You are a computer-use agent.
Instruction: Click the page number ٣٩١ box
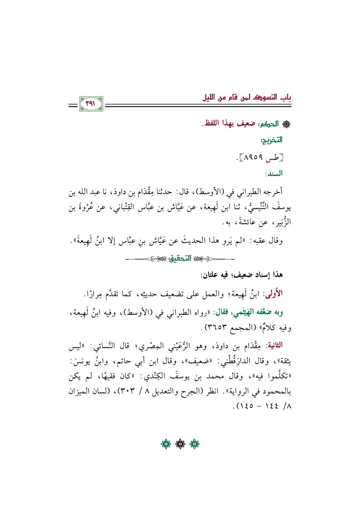click(91, 104)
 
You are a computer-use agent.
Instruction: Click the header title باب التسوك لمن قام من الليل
click(246, 98)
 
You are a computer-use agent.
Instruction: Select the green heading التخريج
click(271, 140)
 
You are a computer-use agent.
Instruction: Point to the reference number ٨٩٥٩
click(253, 158)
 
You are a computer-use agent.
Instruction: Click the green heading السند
click(273, 174)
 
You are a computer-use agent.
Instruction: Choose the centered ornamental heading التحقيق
click(180, 258)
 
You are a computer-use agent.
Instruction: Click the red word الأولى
click(273, 293)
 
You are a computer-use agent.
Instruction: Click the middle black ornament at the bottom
click(180, 444)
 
